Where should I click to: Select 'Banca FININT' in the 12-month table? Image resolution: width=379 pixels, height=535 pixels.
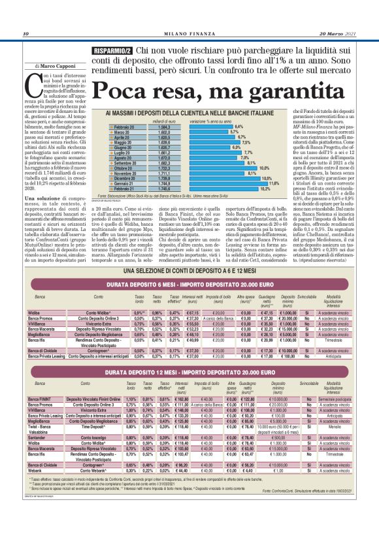coord(42,398)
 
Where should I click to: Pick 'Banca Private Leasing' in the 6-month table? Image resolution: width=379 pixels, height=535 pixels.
coord(49,357)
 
